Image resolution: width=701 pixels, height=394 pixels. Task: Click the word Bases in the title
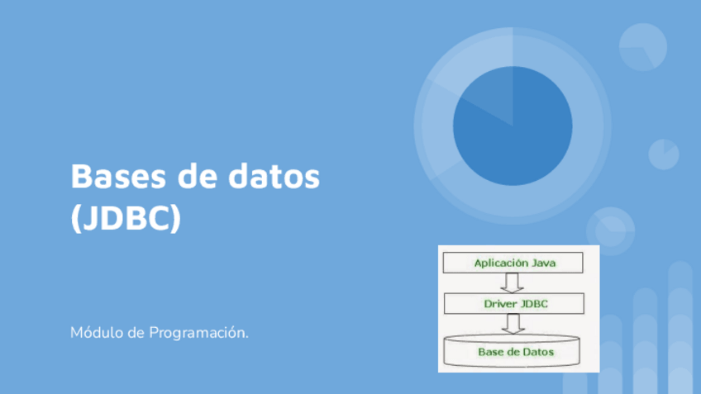tap(118, 176)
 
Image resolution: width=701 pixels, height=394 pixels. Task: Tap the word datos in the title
tap(274, 176)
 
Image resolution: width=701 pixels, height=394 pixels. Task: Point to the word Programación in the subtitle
tap(198, 333)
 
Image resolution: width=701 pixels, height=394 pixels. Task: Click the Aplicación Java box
tap(513, 263)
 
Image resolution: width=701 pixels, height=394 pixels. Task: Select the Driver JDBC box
tap(514, 304)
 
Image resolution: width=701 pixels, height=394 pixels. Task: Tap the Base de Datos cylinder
tap(512, 351)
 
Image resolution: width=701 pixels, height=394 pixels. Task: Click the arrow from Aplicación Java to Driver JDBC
tap(512, 282)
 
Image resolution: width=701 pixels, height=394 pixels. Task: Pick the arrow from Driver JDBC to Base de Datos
tap(513, 324)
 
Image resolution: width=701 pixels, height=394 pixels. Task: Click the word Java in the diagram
tap(544, 263)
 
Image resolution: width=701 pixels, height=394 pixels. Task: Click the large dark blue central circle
tap(513, 126)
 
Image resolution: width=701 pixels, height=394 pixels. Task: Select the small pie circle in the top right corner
tap(643, 47)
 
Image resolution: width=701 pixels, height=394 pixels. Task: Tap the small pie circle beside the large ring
tap(664, 154)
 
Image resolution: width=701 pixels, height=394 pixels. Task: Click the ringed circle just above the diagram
tap(611, 231)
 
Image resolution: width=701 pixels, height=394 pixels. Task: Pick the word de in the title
tap(197, 176)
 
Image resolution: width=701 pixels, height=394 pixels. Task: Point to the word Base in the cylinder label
tap(489, 352)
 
